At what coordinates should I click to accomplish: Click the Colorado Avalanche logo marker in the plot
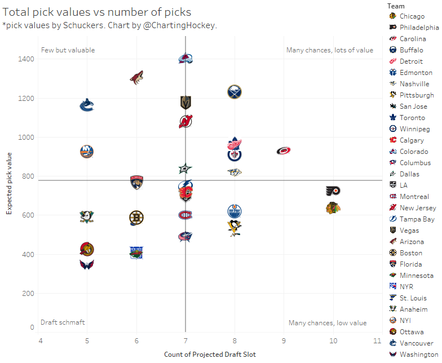pos(185,59)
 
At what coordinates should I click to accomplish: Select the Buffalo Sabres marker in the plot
pos(235,92)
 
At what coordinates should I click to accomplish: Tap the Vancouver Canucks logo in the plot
pos(87,105)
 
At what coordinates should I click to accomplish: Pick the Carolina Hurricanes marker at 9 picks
pos(284,150)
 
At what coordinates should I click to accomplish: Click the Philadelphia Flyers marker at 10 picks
pos(333,191)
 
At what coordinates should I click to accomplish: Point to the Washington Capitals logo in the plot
pos(87,264)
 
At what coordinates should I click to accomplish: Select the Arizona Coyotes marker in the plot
pos(136,78)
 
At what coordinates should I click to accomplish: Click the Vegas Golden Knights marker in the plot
pos(185,103)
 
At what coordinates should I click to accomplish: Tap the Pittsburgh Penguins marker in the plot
pos(235,227)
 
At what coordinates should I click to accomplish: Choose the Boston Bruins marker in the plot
pos(136,218)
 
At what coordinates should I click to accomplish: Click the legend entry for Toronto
pos(412,118)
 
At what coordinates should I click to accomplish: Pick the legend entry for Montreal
pos(414,197)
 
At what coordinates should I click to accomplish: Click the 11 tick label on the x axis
pos(378,341)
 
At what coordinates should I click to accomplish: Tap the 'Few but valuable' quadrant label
pos(68,50)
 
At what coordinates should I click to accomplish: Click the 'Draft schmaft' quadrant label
pos(63,322)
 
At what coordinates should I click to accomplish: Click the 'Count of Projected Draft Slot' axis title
pos(210,355)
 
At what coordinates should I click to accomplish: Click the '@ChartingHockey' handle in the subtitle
pos(187,26)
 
